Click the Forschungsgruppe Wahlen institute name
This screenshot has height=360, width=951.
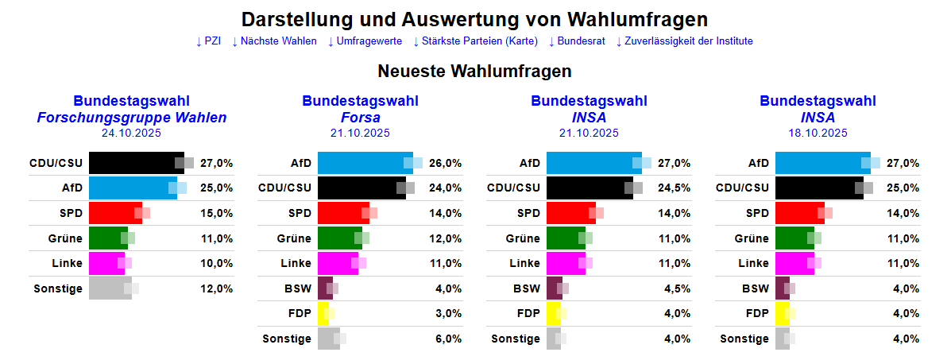pos(132,118)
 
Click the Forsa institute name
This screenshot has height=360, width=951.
pos(360,118)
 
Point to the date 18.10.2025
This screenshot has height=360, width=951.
pos(818,133)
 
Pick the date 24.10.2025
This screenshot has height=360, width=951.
pos(131,133)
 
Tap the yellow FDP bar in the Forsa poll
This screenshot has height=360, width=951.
pos(323,314)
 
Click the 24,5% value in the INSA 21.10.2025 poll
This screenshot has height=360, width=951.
pos(675,188)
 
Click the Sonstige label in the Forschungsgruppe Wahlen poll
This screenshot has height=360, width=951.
pos(58,288)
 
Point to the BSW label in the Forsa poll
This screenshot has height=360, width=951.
pos(298,288)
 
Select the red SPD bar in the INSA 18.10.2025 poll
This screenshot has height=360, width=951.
pos(799,213)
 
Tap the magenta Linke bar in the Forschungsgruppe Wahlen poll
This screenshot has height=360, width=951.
pos(106,263)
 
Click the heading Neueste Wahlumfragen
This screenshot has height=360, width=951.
pos(475,72)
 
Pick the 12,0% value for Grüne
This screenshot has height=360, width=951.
pos(446,238)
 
